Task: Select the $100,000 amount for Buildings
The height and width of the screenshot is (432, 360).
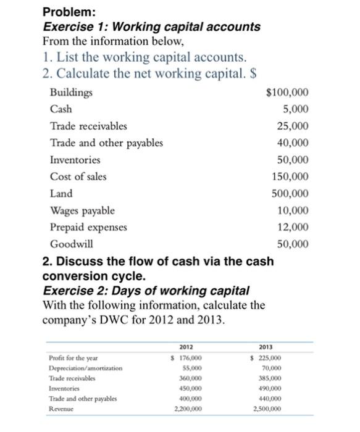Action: (x=287, y=93)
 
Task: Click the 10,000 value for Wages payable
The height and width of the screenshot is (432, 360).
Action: (x=293, y=210)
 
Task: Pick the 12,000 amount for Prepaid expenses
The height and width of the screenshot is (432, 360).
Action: (x=293, y=226)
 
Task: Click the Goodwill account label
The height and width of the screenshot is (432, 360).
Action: (x=67, y=243)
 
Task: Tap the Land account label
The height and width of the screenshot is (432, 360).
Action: (x=61, y=193)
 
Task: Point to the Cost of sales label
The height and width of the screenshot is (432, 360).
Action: (x=78, y=177)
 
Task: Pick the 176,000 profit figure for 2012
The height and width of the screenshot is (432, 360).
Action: (x=183, y=359)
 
